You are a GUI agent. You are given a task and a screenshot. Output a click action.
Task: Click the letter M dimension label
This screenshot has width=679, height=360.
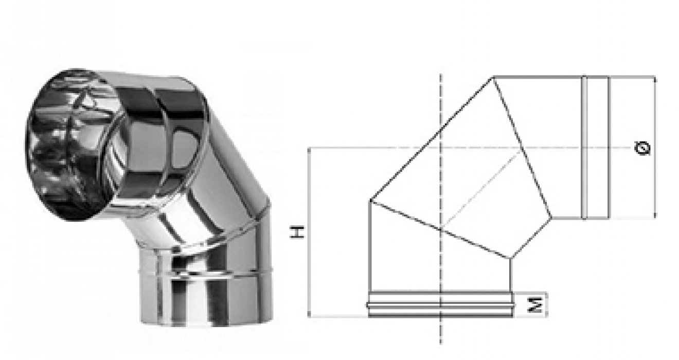tap(537, 305)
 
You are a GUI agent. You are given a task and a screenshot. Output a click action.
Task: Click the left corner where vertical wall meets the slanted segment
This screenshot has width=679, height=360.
tap(370, 200)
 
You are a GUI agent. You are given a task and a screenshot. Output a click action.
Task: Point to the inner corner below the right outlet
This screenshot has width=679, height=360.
tap(552, 219)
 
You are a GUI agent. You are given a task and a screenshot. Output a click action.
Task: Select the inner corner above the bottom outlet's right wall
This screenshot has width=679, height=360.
tap(510, 258)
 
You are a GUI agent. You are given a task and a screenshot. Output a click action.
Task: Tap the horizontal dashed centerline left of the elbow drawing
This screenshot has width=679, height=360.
tap(339, 148)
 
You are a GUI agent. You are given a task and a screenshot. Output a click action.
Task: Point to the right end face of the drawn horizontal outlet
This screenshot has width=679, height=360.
tap(609, 148)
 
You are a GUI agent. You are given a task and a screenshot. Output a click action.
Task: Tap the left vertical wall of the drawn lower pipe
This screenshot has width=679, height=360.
tap(370, 247)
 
